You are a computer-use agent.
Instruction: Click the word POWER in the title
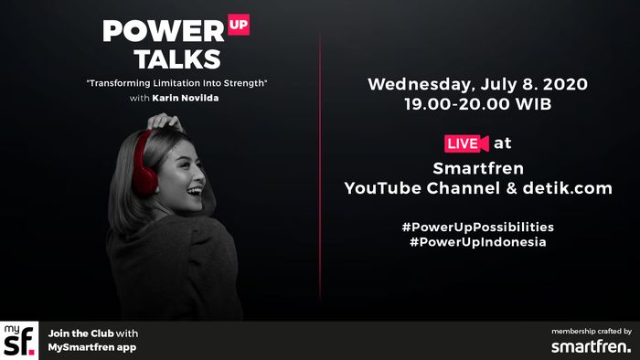point(162,31)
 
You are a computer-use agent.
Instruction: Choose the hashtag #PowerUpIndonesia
point(477,242)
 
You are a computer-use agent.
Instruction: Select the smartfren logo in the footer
point(590,346)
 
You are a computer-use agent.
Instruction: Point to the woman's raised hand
point(165,120)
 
